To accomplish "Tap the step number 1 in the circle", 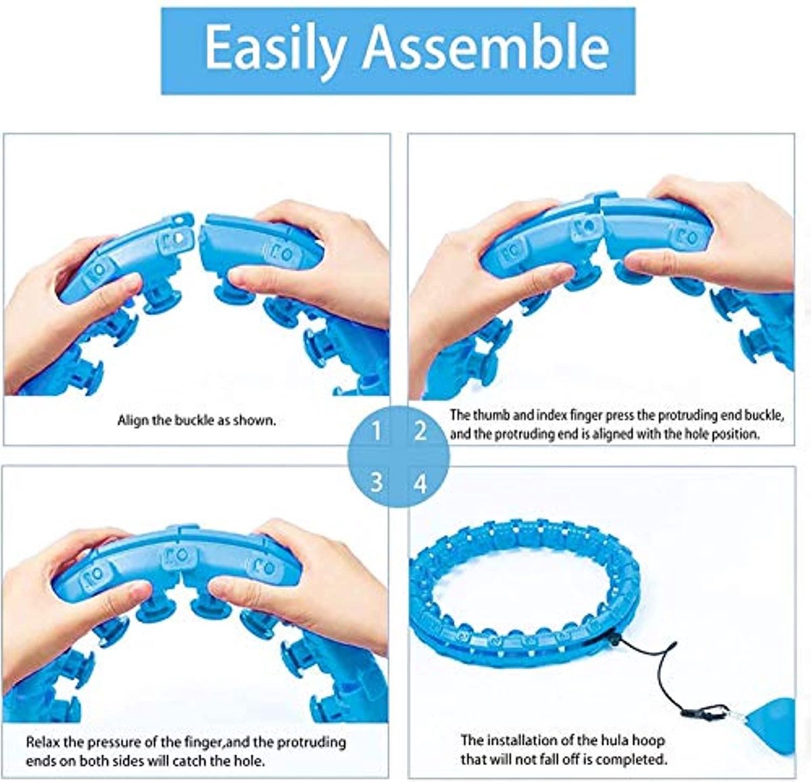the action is (376, 431).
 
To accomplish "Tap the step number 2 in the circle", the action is (420, 431).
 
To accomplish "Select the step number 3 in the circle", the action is (376, 483).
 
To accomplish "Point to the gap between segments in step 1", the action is (197, 233).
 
